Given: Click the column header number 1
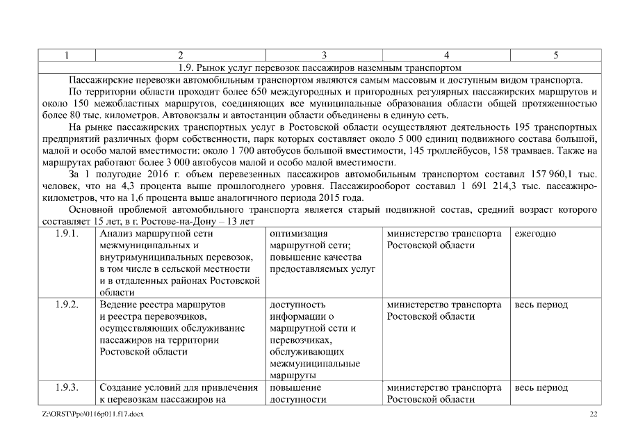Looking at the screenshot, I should [x=67, y=55].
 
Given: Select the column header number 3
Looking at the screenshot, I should [x=325, y=55].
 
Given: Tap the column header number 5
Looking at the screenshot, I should [x=555, y=55].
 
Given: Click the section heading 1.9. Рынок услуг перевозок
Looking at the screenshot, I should [x=320, y=67].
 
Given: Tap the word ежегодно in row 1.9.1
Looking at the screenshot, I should [x=535, y=234].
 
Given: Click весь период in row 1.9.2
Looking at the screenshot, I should [x=541, y=305].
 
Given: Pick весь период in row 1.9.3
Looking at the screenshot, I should [x=541, y=387].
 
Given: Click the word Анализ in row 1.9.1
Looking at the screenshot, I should [x=117, y=234].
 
